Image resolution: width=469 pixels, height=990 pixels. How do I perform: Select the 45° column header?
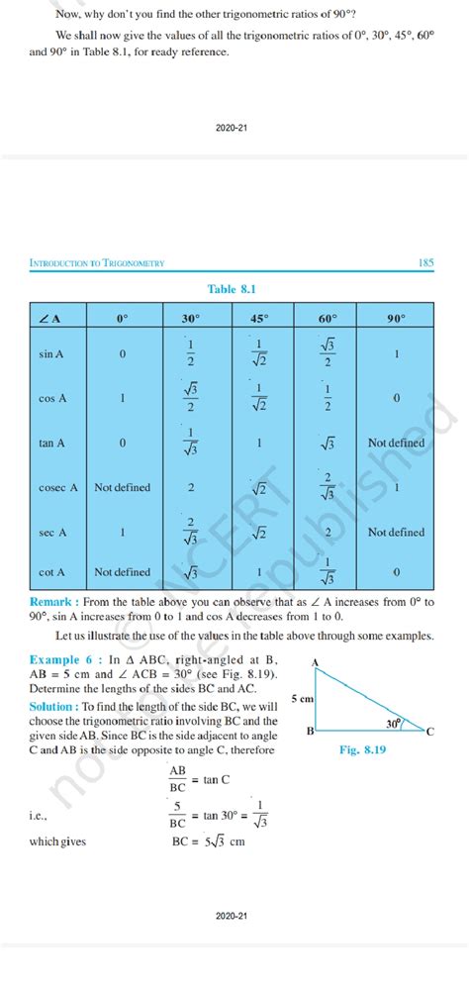[x=259, y=319]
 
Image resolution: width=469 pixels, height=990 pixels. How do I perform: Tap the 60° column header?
[x=328, y=319]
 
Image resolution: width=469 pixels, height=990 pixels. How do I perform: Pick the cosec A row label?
[x=52, y=487]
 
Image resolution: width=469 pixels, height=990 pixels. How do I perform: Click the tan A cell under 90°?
[x=396, y=443]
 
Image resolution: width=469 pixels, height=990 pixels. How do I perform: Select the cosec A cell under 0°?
[x=122, y=487]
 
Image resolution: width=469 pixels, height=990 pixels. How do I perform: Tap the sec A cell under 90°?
[x=396, y=532]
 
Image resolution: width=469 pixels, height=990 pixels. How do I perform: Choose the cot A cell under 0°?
[x=122, y=572]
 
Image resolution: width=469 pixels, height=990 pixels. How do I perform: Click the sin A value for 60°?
[x=328, y=351]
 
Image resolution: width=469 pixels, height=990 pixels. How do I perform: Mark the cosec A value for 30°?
[x=190, y=487]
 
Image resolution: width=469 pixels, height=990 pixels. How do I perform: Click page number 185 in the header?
[x=426, y=262]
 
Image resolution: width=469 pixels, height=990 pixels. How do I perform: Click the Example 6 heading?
[x=62, y=658]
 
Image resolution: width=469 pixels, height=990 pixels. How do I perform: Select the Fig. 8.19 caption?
[x=362, y=750]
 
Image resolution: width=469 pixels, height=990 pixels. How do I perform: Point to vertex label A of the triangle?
[x=315, y=661]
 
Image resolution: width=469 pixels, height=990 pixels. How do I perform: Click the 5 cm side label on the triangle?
[x=302, y=699]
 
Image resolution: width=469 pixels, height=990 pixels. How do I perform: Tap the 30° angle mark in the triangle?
[x=394, y=724]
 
